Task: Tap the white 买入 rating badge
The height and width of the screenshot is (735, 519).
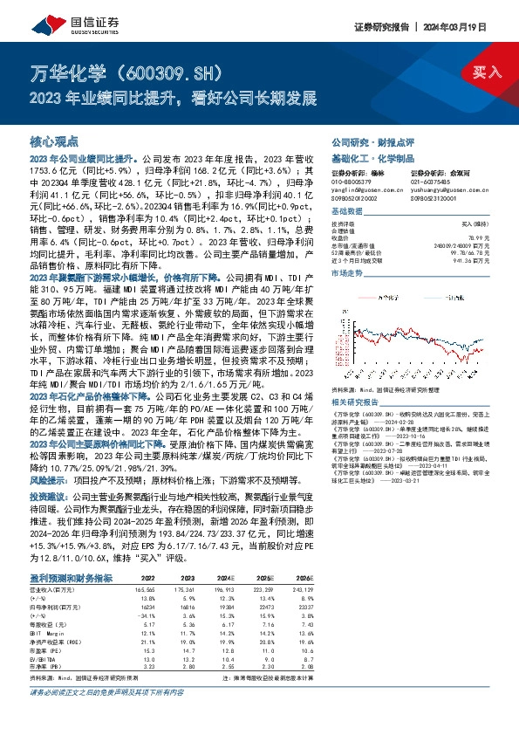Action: [481, 72]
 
